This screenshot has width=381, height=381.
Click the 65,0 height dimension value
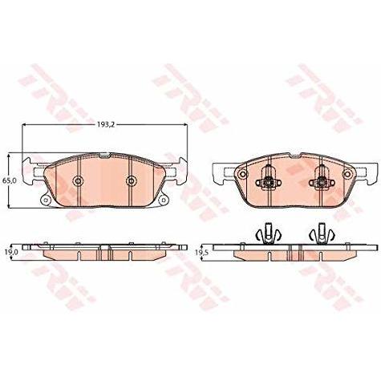[x=10, y=180]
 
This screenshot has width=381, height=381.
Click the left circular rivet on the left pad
[x=78, y=181]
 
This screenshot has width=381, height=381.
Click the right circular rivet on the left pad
[x=131, y=181]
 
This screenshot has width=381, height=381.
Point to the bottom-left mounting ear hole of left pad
[x=46, y=200]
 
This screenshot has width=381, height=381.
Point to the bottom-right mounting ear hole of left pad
[x=164, y=200]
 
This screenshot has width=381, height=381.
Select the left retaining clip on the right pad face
[x=268, y=180]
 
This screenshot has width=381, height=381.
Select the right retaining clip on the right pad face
[x=322, y=180]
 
